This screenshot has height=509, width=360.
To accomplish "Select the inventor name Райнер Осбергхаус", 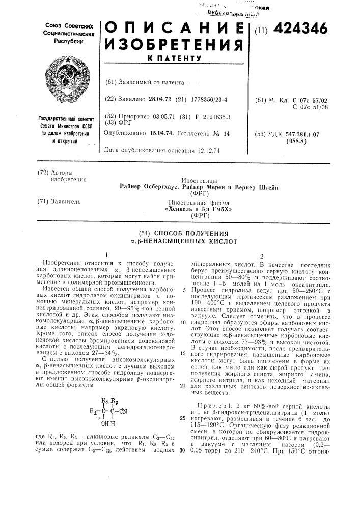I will [149, 187].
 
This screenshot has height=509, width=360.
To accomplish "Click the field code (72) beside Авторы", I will [43, 172].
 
